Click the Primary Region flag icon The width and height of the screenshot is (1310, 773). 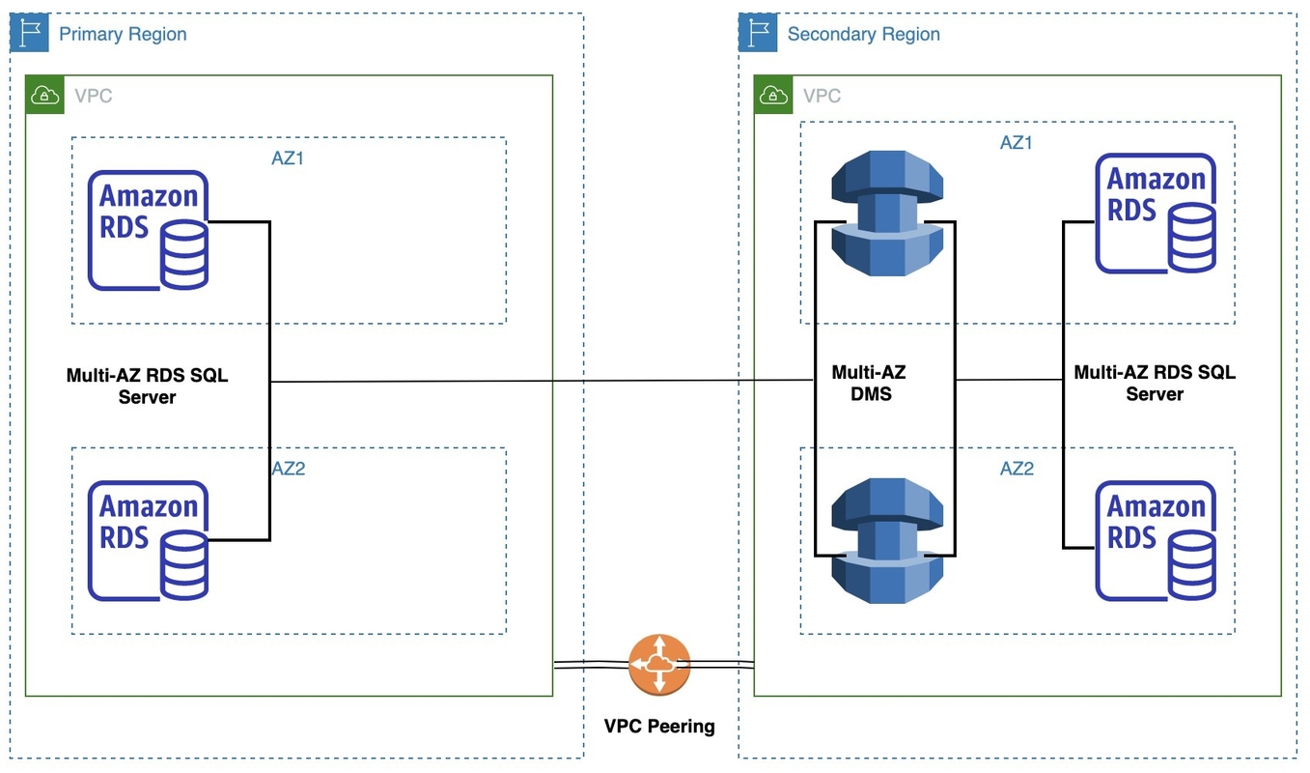pos(30,33)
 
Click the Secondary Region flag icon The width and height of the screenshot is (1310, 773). pos(758,33)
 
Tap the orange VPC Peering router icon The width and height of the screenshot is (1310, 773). pos(659,665)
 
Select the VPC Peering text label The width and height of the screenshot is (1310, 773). pos(659,726)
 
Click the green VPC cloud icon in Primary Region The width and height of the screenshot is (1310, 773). pos(44,95)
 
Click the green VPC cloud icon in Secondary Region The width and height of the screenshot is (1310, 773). pos(773,95)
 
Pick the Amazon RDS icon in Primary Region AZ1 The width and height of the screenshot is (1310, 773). pos(148,231)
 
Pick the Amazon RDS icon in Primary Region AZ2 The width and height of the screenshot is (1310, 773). pos(148,541)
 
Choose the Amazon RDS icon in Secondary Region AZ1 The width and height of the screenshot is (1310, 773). pos(1156,214)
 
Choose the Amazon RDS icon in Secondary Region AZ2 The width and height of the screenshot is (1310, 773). pos(1156,541)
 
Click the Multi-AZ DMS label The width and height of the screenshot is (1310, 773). pos(869,383)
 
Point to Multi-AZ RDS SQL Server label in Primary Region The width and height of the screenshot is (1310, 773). pos(147,386)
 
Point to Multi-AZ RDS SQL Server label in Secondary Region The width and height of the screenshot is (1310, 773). pos(1155,383)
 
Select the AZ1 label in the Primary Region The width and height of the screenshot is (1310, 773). pos(288,158)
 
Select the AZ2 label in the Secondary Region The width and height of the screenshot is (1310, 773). pos(1017,469)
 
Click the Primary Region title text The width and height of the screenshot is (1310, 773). pos(123,35)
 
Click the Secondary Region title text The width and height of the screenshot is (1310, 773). pos(863,35)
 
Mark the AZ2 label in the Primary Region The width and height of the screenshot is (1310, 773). pos(288,469)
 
